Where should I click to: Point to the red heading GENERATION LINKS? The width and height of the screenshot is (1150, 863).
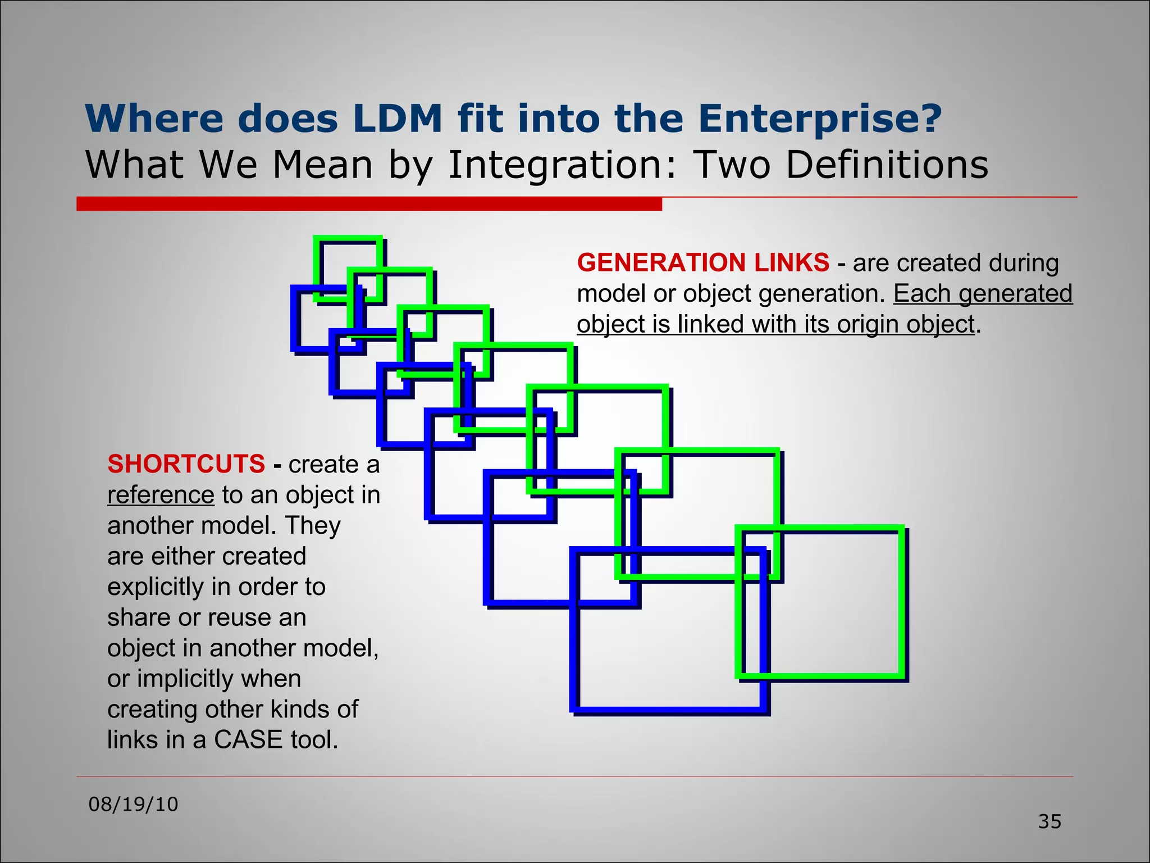(703, 262)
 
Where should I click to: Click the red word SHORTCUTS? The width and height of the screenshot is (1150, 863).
(186, 464)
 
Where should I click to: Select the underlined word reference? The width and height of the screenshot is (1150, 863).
(161, 495)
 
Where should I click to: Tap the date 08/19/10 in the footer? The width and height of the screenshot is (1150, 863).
(133, 804)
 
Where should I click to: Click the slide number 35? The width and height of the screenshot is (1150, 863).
(1049, 821)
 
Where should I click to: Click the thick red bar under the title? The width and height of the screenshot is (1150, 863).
(369, 204)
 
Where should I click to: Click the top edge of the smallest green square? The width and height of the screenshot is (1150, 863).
(348, 238)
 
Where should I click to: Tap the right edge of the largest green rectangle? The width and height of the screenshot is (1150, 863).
(902, 601)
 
